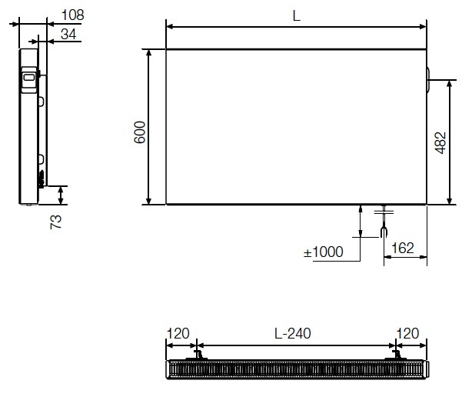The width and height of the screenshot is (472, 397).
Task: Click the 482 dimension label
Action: coord(440,141)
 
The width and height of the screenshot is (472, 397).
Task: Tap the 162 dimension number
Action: coord(403,248)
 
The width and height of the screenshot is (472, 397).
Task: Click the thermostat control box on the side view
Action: coord(28,78)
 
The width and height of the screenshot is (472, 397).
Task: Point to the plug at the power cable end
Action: coord(384,230)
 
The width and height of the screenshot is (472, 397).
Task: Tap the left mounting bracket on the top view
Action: coord(198,355)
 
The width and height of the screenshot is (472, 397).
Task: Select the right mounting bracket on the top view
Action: coord(397,355)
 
